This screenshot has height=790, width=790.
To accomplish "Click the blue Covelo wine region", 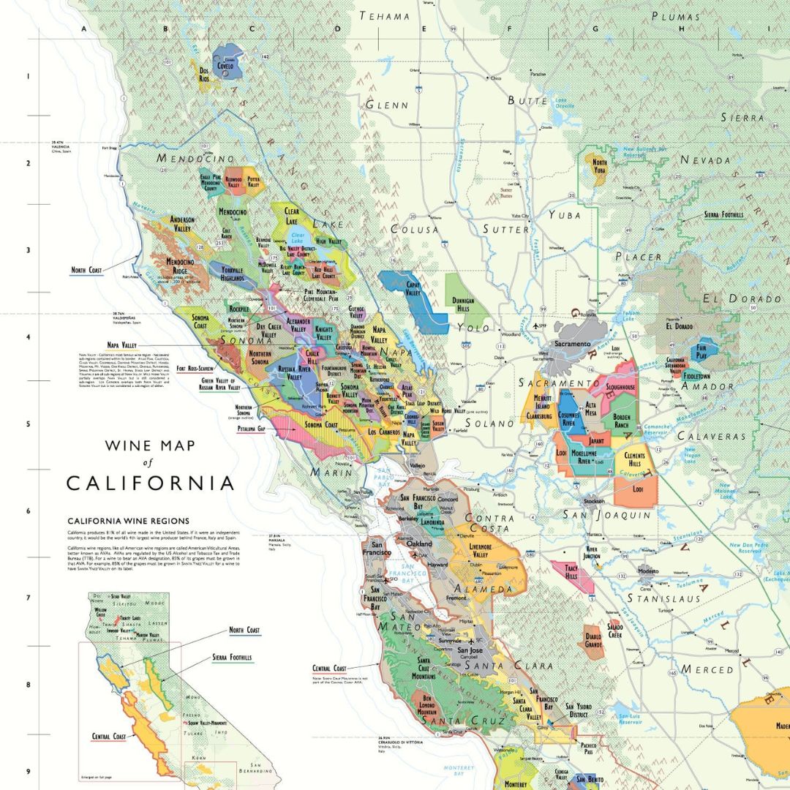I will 225,63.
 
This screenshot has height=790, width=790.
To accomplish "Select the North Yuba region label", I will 600,167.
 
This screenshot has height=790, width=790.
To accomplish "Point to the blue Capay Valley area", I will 414,293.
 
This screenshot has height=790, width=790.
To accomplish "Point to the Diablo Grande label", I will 593,642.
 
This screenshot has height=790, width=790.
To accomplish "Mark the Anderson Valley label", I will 182,224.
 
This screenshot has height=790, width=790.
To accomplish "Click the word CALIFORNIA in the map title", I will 150,484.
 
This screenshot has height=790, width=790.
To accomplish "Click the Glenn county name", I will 387,105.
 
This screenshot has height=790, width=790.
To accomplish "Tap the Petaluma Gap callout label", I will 251,429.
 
